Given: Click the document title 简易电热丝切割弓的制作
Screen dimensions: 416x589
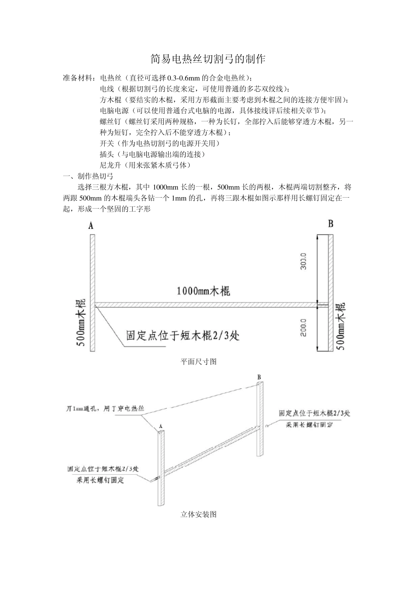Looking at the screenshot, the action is click(x=208, y=59).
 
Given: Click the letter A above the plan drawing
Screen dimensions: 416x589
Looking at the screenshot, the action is click(x=91, y=226).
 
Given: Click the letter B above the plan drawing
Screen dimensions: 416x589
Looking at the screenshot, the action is click(x=331, y=224).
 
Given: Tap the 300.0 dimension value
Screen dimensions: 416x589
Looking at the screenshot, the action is click(x=304, y=261).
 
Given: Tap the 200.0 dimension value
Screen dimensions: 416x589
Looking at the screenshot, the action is click(x=304, y=328).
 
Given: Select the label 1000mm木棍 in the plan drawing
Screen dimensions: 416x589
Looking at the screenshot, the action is click(x=204, y=291).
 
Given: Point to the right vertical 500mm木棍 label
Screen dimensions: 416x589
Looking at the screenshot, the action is click(x=341, y=326).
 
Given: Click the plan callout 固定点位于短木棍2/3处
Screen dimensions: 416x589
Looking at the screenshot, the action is click(x=183, y=336).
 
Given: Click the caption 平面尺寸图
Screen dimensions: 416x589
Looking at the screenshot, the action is click(x=199, y=362).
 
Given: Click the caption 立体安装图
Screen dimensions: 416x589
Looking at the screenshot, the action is click(x=199, y=514).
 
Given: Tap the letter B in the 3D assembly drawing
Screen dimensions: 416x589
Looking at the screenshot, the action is click(x=259, y=377).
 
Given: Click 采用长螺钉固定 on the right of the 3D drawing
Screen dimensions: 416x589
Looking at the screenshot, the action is click(x=309, y=425).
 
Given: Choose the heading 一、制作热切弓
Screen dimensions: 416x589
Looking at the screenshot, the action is click(x=88, y=176).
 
